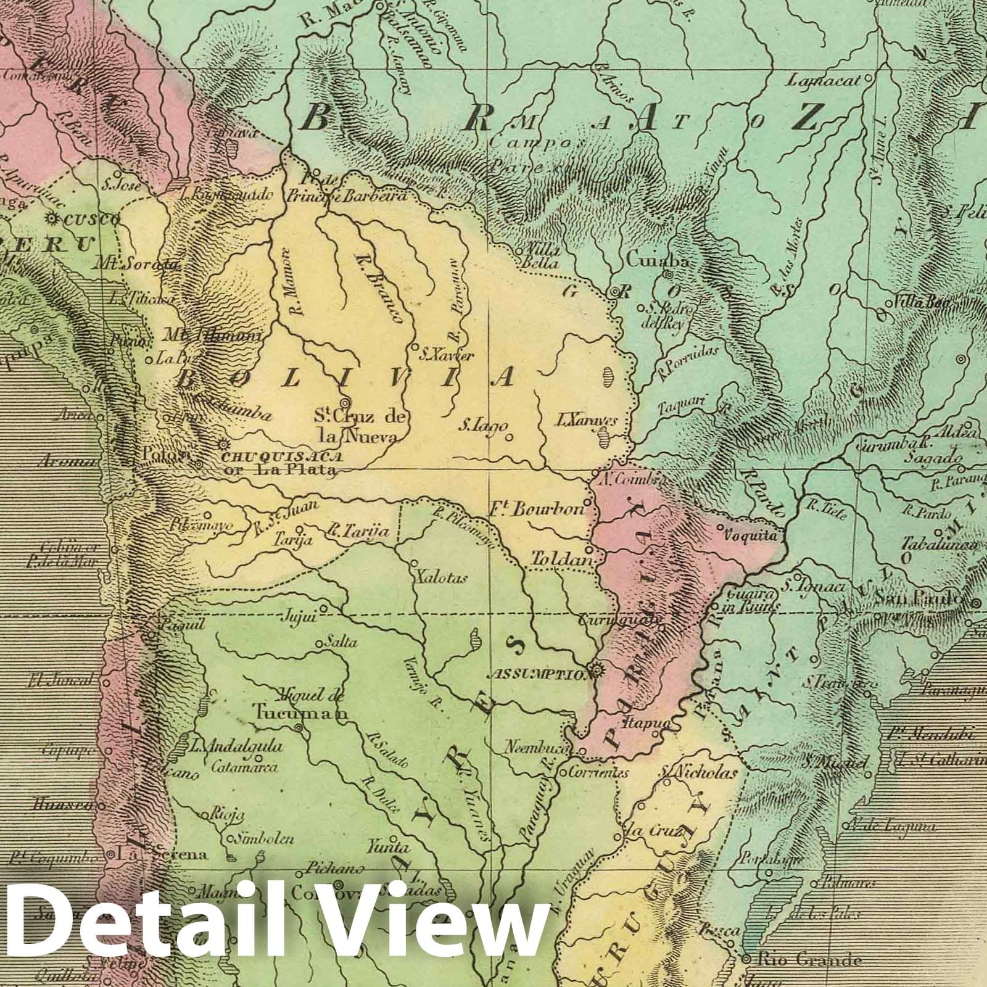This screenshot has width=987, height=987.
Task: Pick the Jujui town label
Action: tap(299, 616)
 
